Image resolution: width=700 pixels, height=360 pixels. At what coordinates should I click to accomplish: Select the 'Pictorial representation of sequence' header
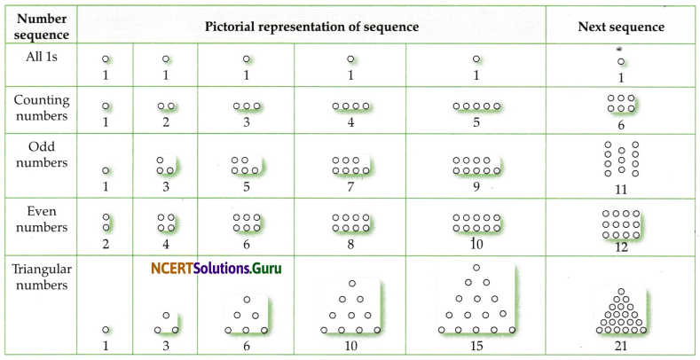[311, 27]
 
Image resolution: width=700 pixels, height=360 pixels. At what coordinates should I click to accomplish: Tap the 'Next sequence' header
[621, 27]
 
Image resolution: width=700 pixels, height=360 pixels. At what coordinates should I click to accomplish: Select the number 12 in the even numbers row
[621, 247]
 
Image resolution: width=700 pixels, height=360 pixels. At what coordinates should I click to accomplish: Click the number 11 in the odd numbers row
[621, 189]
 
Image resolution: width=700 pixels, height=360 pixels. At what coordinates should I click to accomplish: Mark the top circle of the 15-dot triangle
[476, 267]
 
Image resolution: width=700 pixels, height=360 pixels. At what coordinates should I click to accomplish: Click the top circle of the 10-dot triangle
[350, 285]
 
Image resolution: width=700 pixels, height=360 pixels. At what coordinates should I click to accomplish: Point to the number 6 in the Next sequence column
[621, 125]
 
